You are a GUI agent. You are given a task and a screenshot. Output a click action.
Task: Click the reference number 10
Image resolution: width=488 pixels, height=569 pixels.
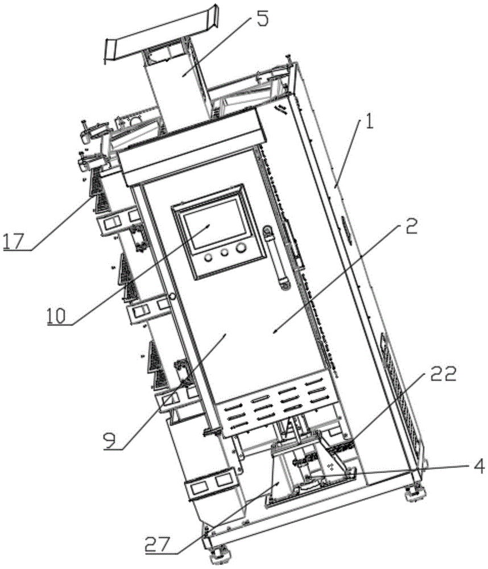click(x=57, y=315)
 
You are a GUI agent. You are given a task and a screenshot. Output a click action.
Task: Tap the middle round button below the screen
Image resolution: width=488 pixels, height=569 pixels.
click(x=225, y=253)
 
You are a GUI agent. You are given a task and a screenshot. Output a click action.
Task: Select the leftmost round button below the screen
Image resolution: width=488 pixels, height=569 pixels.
click(x=208, y=257)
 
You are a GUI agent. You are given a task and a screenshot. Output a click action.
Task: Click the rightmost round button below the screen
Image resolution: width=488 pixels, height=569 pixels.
click(x=242, y=249)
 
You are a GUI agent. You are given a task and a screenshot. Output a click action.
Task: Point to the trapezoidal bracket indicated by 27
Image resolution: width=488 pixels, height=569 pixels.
click(x=280, y=476)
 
